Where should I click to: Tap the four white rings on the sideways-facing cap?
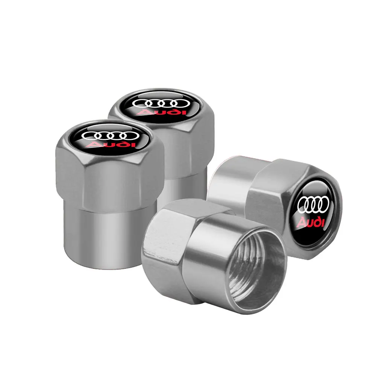(x=313, y=206)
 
